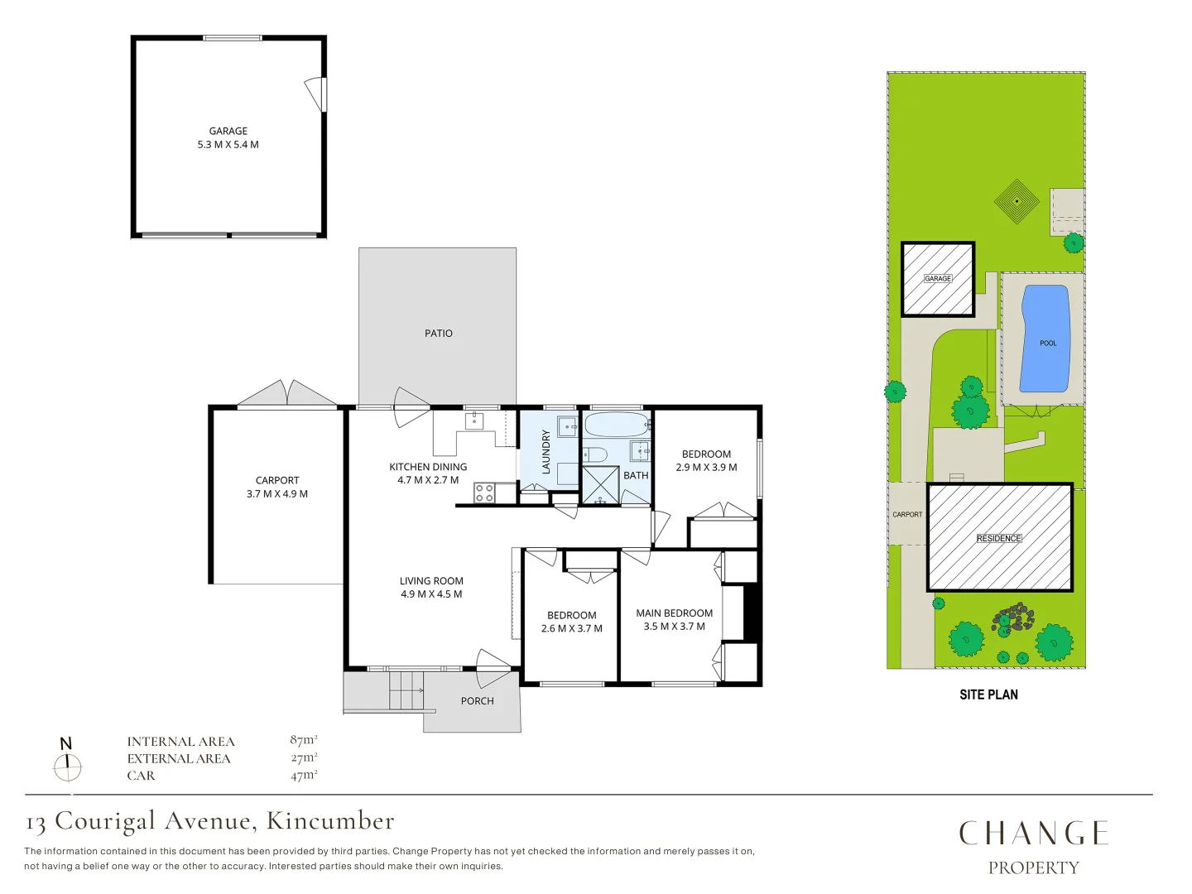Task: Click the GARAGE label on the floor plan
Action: (x=228, y=131)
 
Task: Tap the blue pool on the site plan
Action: (x=1045, y=339)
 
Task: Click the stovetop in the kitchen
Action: (x=484, y=493)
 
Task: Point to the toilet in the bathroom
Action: (x=594, y=454)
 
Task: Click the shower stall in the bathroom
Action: (x=601, y=485)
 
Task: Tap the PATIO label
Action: (x=438, y=334)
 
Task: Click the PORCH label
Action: (x=478, y=701)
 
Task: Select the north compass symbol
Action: (x=67, y=760)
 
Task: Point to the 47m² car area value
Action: (x=304, y=775)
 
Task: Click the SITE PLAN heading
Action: (x=988, y=695)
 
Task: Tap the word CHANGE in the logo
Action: (x=1033, y=834)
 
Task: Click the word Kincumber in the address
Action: (x=330, y=820)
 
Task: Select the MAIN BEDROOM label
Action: (x=675, y=613)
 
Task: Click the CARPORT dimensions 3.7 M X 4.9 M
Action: (x=277, y=494)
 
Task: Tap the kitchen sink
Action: (x=474, y=421)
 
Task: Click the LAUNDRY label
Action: (x=546, y=452)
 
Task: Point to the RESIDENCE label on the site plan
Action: (x=999, y=538)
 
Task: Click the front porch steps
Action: (x=406, y=690)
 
